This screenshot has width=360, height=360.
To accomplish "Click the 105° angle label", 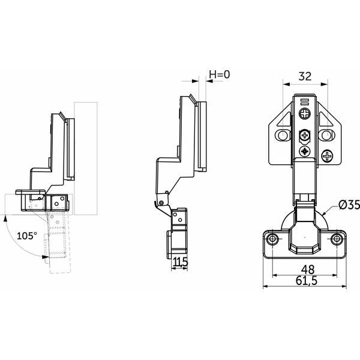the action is click(x=27, y=236).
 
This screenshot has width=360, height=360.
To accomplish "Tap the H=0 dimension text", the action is click(x=219, y=74).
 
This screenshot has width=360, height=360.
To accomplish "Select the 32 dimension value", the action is click(x=305, y=76).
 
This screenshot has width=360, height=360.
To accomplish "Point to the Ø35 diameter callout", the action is click(x=349, y=205).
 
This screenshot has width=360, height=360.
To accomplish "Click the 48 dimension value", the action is click(x=308, y=269).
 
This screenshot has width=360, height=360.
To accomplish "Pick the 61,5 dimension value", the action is click(x=307, y=281).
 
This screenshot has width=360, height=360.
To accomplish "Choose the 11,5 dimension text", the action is click(x=181, y=262).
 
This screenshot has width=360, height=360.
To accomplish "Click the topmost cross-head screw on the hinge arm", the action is click(x=305, y=113).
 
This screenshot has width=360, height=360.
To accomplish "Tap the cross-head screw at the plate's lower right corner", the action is click(x=327, y=156).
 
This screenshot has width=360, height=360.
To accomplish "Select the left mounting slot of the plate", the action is click(x=283, y=135).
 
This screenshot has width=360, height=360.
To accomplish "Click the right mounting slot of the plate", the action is click(x=326, y=135).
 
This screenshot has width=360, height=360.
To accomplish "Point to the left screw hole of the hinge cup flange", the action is click(x=273, y=239).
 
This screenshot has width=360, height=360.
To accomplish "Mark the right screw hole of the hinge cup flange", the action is click(x=337, y=239).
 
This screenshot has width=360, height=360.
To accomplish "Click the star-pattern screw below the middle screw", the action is click(x=305, y=151).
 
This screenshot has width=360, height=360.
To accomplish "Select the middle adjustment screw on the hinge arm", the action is click(x=305, y=136).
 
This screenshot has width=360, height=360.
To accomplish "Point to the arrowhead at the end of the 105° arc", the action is click(x=45, y=257).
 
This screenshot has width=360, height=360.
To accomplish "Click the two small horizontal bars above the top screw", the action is click(x=305, y=101).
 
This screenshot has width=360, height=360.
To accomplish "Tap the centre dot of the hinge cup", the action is click(x=305, y=237).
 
